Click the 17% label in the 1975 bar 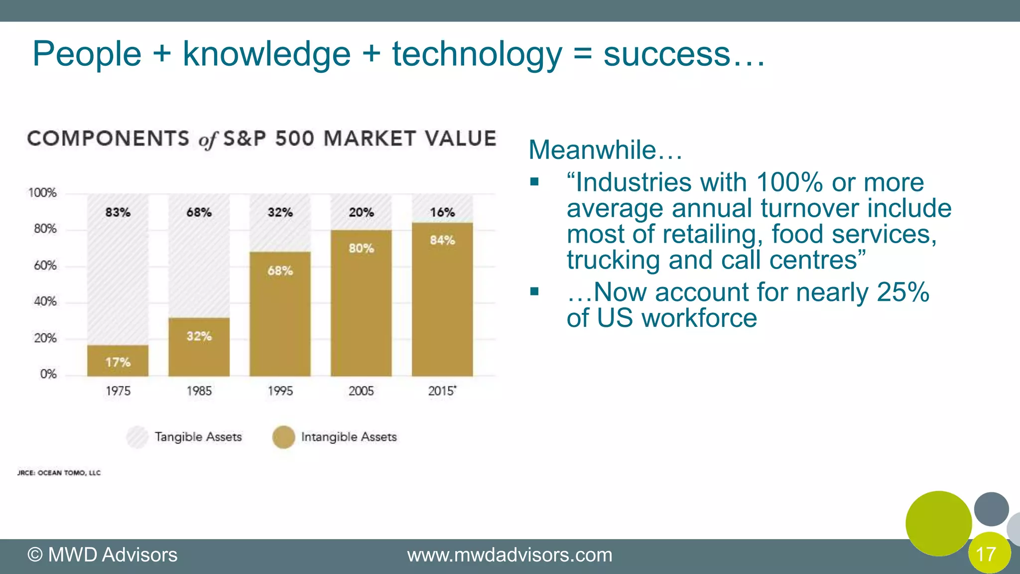point(118,362)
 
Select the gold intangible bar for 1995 point(280,314)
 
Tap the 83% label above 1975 point(118,212)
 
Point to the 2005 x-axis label point(361,391)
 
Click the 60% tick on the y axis point(45,266)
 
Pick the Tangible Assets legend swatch point(137,437)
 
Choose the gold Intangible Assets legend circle point(283,437)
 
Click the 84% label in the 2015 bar point(442,240)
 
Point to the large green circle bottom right point(938,523)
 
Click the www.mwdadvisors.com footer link point(510,555)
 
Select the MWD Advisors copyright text point(102,555)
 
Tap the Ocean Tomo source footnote point(59,473)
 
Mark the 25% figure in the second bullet point(902,292)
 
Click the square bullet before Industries point(534,182)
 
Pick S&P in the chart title point(245,139)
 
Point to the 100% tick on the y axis point(42,193)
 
